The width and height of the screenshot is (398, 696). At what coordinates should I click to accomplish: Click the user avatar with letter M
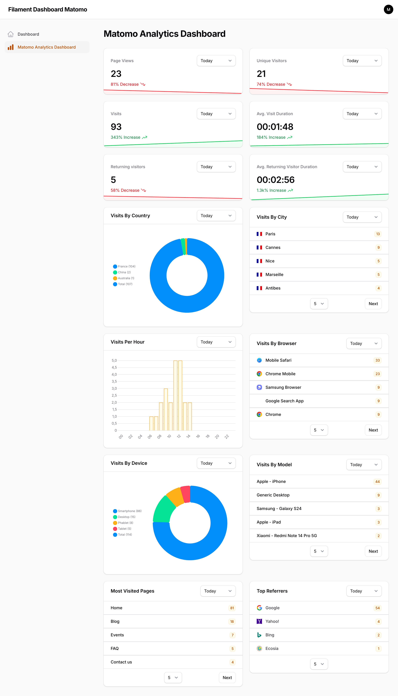pos(388,10)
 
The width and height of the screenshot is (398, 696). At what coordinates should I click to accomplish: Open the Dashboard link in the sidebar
pos(28,34)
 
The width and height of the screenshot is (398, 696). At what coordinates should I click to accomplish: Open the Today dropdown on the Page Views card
pos(216,61)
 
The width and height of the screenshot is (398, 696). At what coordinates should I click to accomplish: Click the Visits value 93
pos(116,127)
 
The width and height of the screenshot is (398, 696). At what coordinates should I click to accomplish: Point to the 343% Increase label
pos(125,137)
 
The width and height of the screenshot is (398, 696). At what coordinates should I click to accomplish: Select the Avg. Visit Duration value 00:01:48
pos(275,127)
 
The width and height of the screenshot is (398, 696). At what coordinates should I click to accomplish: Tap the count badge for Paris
pos(378,234)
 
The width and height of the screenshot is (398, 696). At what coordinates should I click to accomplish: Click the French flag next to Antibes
pos(259,288)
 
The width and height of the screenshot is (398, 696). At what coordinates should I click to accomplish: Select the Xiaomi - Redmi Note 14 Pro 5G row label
pos(286,536)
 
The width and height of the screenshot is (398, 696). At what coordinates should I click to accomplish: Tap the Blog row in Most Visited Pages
pos(115,621)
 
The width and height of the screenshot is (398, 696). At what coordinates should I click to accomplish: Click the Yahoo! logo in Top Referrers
pos(259,621)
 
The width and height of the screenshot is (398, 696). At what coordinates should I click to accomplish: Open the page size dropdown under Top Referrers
pos(319,664)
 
